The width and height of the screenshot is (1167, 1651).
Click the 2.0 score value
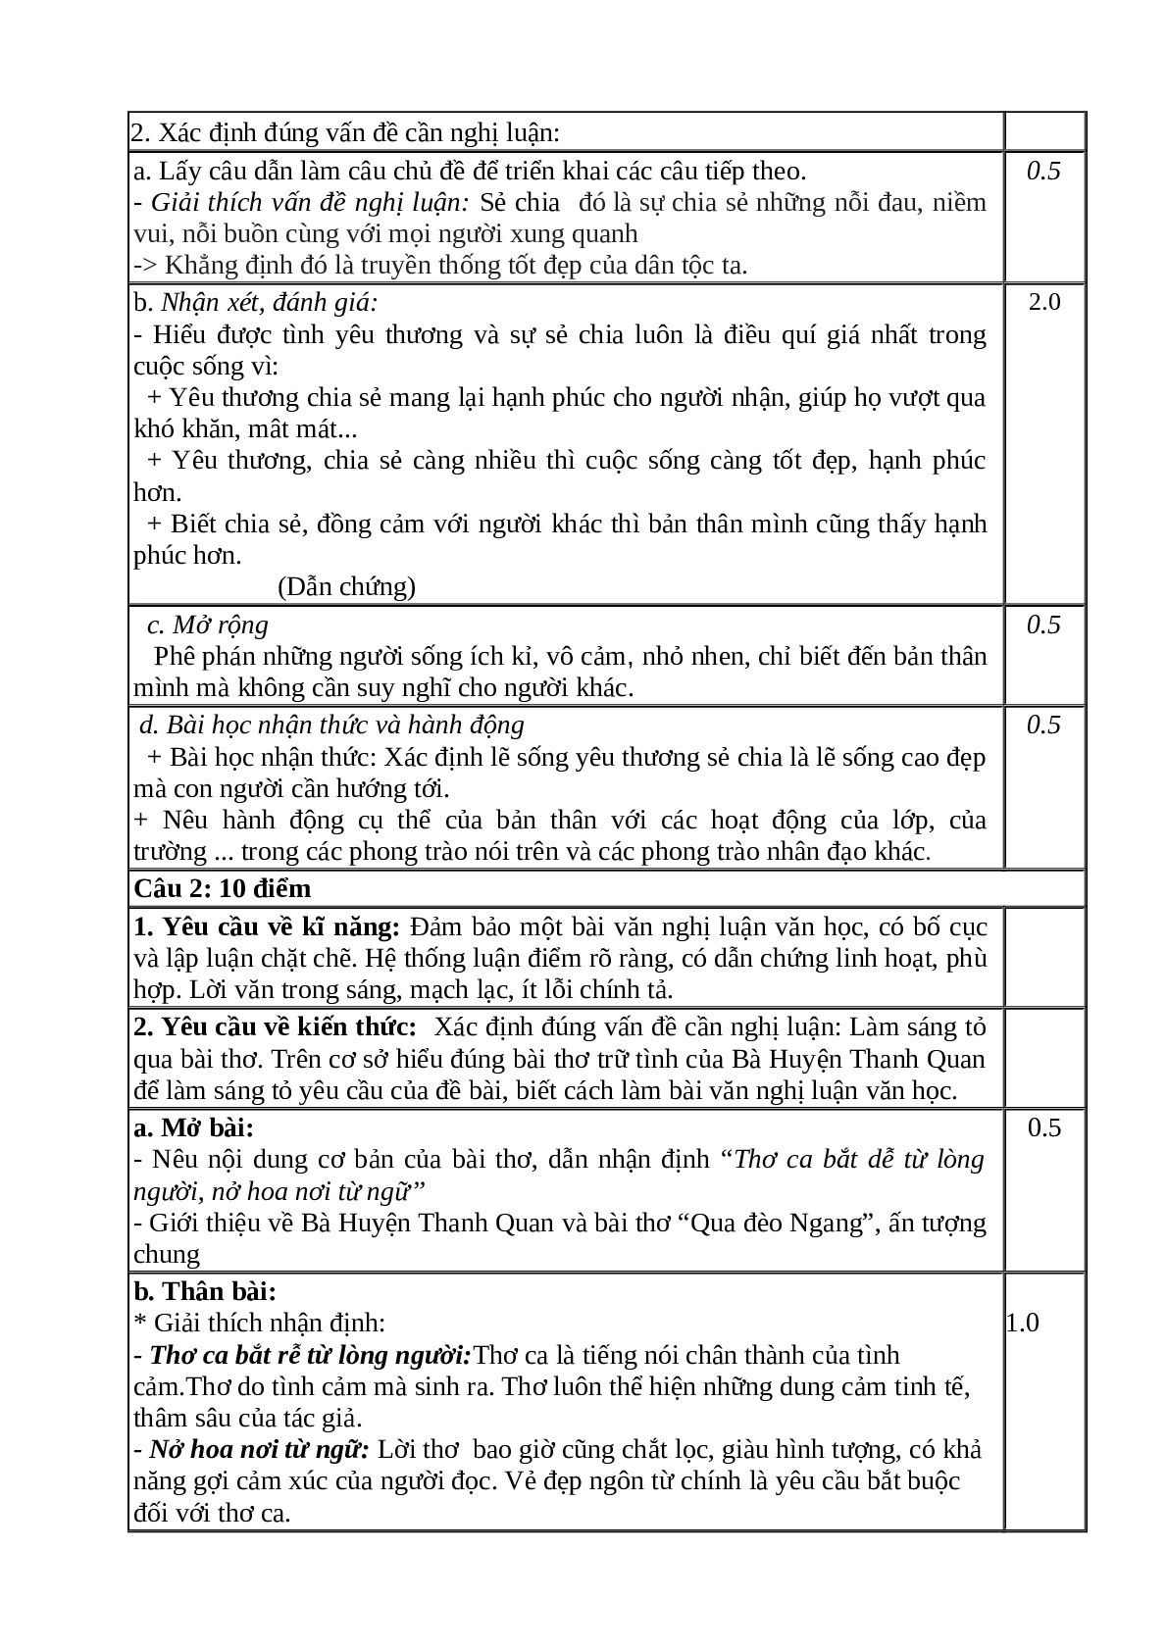coord(1043,302)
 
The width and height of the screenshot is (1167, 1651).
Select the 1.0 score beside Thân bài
coord(1023,1323)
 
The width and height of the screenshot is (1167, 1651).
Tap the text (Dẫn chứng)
coord(346,586)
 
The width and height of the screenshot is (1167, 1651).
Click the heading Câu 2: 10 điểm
coord(223,888)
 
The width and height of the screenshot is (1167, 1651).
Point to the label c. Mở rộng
coord(207,625)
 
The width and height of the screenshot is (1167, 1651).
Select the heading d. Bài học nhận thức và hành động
coord(331,725)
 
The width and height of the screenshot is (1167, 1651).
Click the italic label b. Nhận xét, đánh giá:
coord(256,302)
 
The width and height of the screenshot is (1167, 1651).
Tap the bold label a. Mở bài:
coord(193,1127)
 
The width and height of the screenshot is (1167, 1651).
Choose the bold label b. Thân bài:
coord(205,1291)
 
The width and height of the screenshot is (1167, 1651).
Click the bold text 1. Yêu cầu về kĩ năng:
coord(267,926)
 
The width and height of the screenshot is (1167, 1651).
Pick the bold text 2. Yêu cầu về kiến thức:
coord(276,1026)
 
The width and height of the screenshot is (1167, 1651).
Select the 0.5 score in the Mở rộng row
coord(1043,625)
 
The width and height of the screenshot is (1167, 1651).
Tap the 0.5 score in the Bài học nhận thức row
coord(1043,725)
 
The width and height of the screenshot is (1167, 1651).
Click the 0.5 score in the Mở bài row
coord(1043,1127)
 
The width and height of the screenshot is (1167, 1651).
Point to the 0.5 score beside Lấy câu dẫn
coord(1043,171)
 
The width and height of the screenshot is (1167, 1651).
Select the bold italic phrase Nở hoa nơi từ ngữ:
coord(258,1449)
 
